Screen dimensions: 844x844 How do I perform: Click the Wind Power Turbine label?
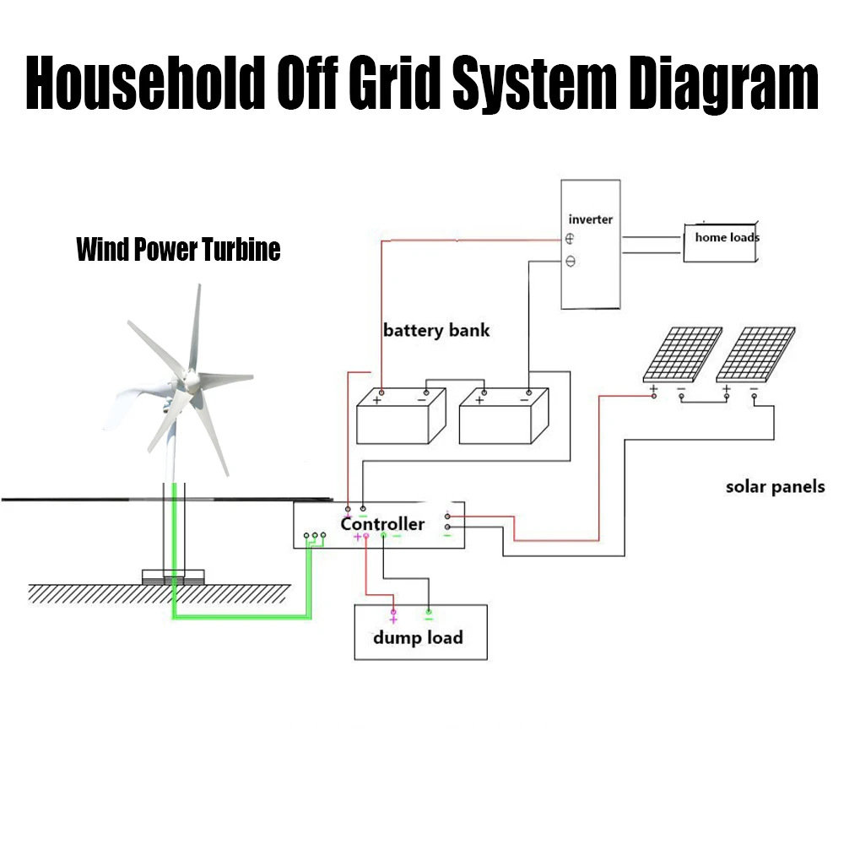tap(178, 251)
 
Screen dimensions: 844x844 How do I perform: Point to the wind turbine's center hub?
tap(188, 387)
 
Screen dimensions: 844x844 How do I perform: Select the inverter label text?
tap(591, 219)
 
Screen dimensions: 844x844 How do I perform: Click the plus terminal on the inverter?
tap(570, 240)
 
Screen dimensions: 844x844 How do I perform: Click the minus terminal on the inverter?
tap(570, 262)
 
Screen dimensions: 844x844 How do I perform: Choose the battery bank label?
tap(436, 330)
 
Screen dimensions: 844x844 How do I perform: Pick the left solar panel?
tap(682, 354)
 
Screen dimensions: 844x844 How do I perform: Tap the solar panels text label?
tap(775, 487)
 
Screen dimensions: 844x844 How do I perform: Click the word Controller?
tap(382, 524)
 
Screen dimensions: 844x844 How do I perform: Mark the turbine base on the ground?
tap(173, 577)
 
